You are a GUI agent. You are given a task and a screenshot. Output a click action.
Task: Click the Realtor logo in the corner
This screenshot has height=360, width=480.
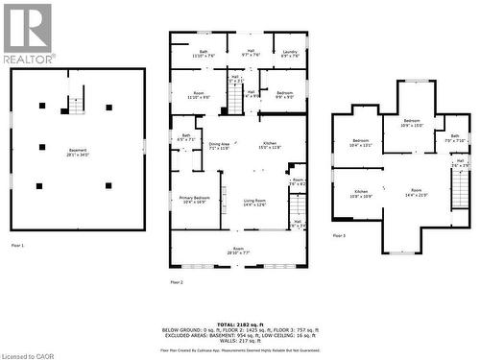[28, 33]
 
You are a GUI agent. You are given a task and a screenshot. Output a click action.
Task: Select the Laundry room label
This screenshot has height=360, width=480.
[290, 54]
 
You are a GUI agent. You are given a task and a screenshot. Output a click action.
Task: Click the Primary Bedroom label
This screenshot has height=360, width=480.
[194, 200]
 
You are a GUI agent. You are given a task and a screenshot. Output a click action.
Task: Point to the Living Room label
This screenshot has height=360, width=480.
[254, 202]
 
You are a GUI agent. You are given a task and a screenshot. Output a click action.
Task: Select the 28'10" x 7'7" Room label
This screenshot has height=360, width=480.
[238, 251]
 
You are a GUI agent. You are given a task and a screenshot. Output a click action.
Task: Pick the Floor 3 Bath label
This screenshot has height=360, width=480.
[453, 139]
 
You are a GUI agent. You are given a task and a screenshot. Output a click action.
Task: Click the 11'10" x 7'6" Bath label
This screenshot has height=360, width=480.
[204, 54]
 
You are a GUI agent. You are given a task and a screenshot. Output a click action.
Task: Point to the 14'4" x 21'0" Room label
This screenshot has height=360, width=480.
[417, 193]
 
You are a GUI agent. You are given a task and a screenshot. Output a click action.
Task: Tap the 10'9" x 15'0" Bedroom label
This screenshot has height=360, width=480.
[411, 124]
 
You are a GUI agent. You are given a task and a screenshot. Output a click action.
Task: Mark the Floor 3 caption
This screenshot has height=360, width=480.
[338, 235]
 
